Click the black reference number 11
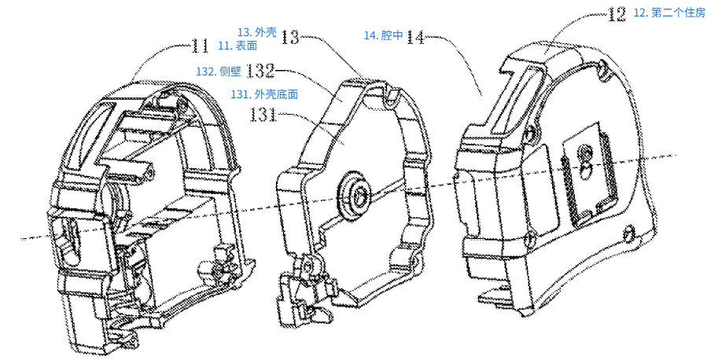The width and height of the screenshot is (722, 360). click(x=200, y=46)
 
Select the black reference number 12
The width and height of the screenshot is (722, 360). click(x=617, y=14)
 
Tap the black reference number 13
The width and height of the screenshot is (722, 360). click(x=291, y=36)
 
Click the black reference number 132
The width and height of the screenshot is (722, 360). click(x=260, y=71)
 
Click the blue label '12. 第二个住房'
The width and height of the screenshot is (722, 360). click(x=669, y=13)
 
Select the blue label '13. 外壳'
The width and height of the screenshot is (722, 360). click(x=257, y=32)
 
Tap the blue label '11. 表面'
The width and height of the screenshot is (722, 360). click(x=238, y=46)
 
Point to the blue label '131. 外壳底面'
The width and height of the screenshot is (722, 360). click(x=263, y=94)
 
